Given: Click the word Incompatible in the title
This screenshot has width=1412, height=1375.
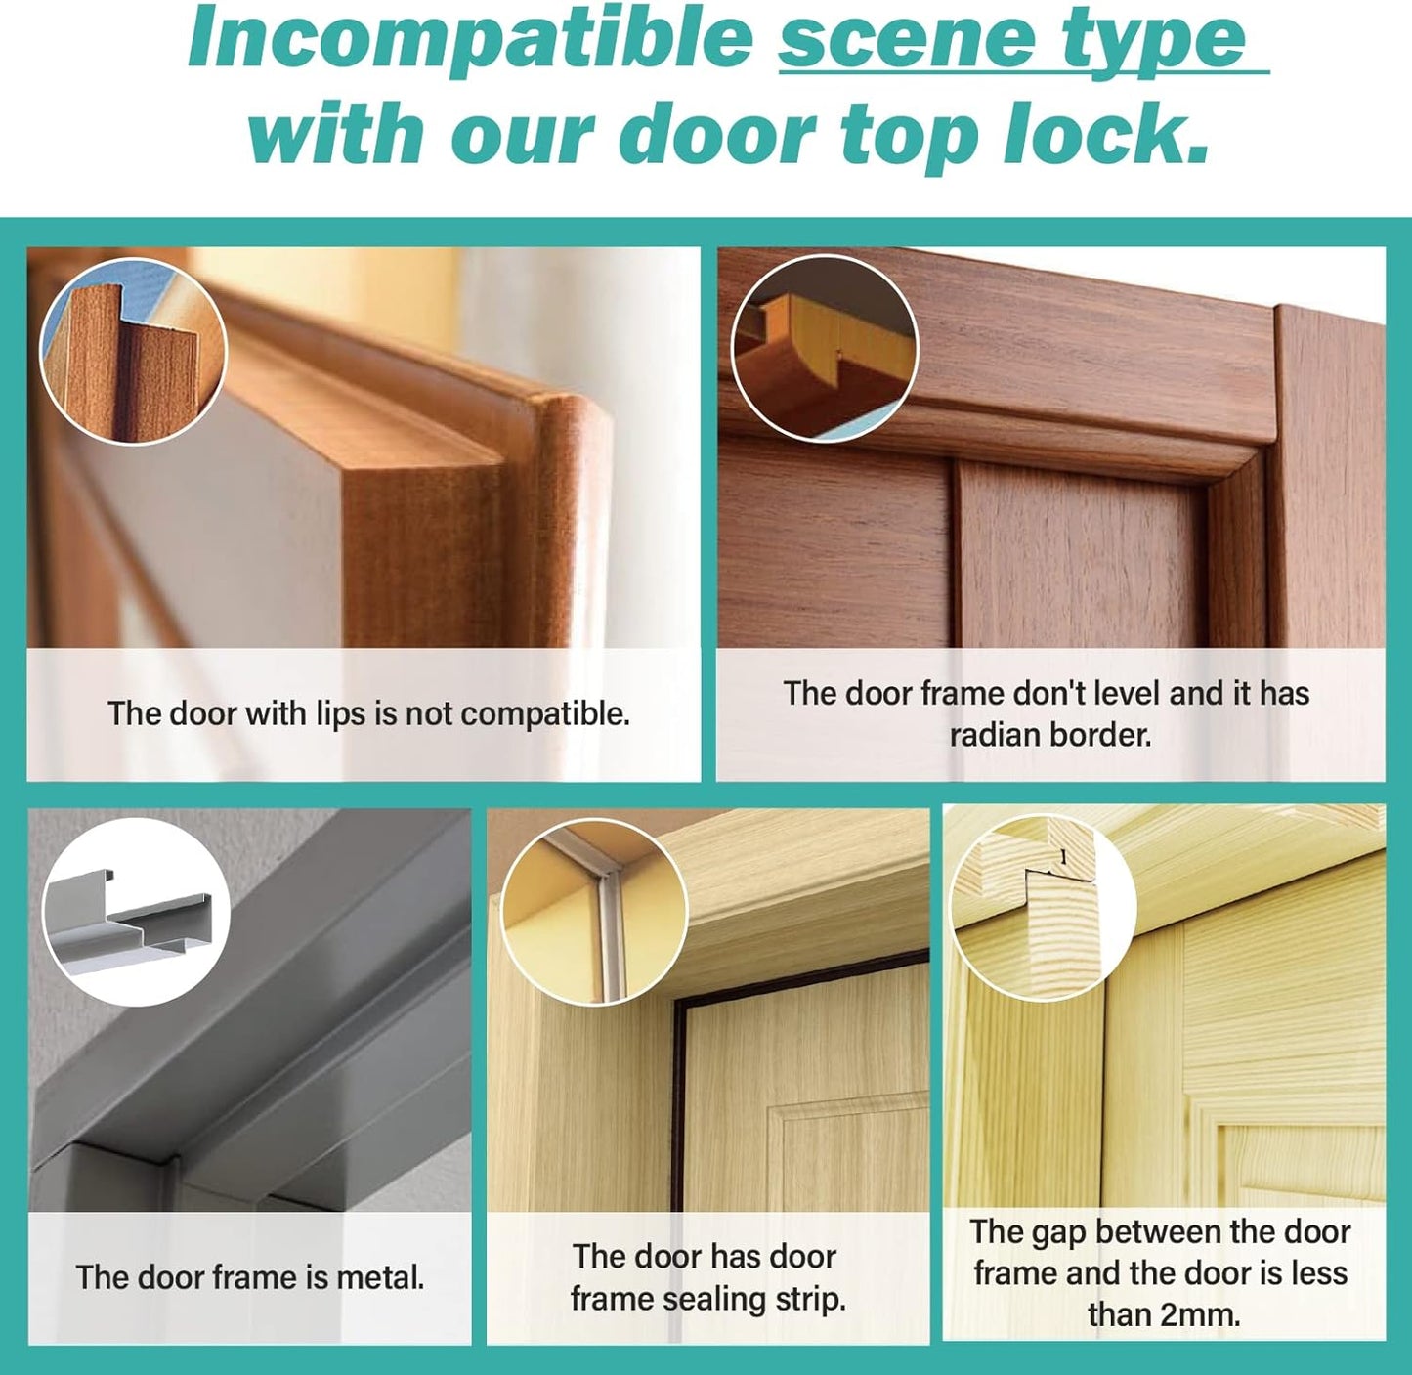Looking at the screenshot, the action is (x=470, y=38).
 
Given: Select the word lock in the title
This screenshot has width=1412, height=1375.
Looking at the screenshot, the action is (x=1105, y=131).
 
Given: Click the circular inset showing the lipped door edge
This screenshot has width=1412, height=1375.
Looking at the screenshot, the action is (x=134, y=351).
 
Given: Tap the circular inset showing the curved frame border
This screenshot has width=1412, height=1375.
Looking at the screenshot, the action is (x=825, y=348).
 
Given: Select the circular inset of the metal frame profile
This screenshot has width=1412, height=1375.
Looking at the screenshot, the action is (x=137, y=912).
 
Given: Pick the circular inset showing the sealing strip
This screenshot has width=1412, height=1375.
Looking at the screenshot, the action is (x=594, y=912).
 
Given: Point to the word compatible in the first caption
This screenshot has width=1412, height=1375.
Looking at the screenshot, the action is (x=545, y=714).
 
